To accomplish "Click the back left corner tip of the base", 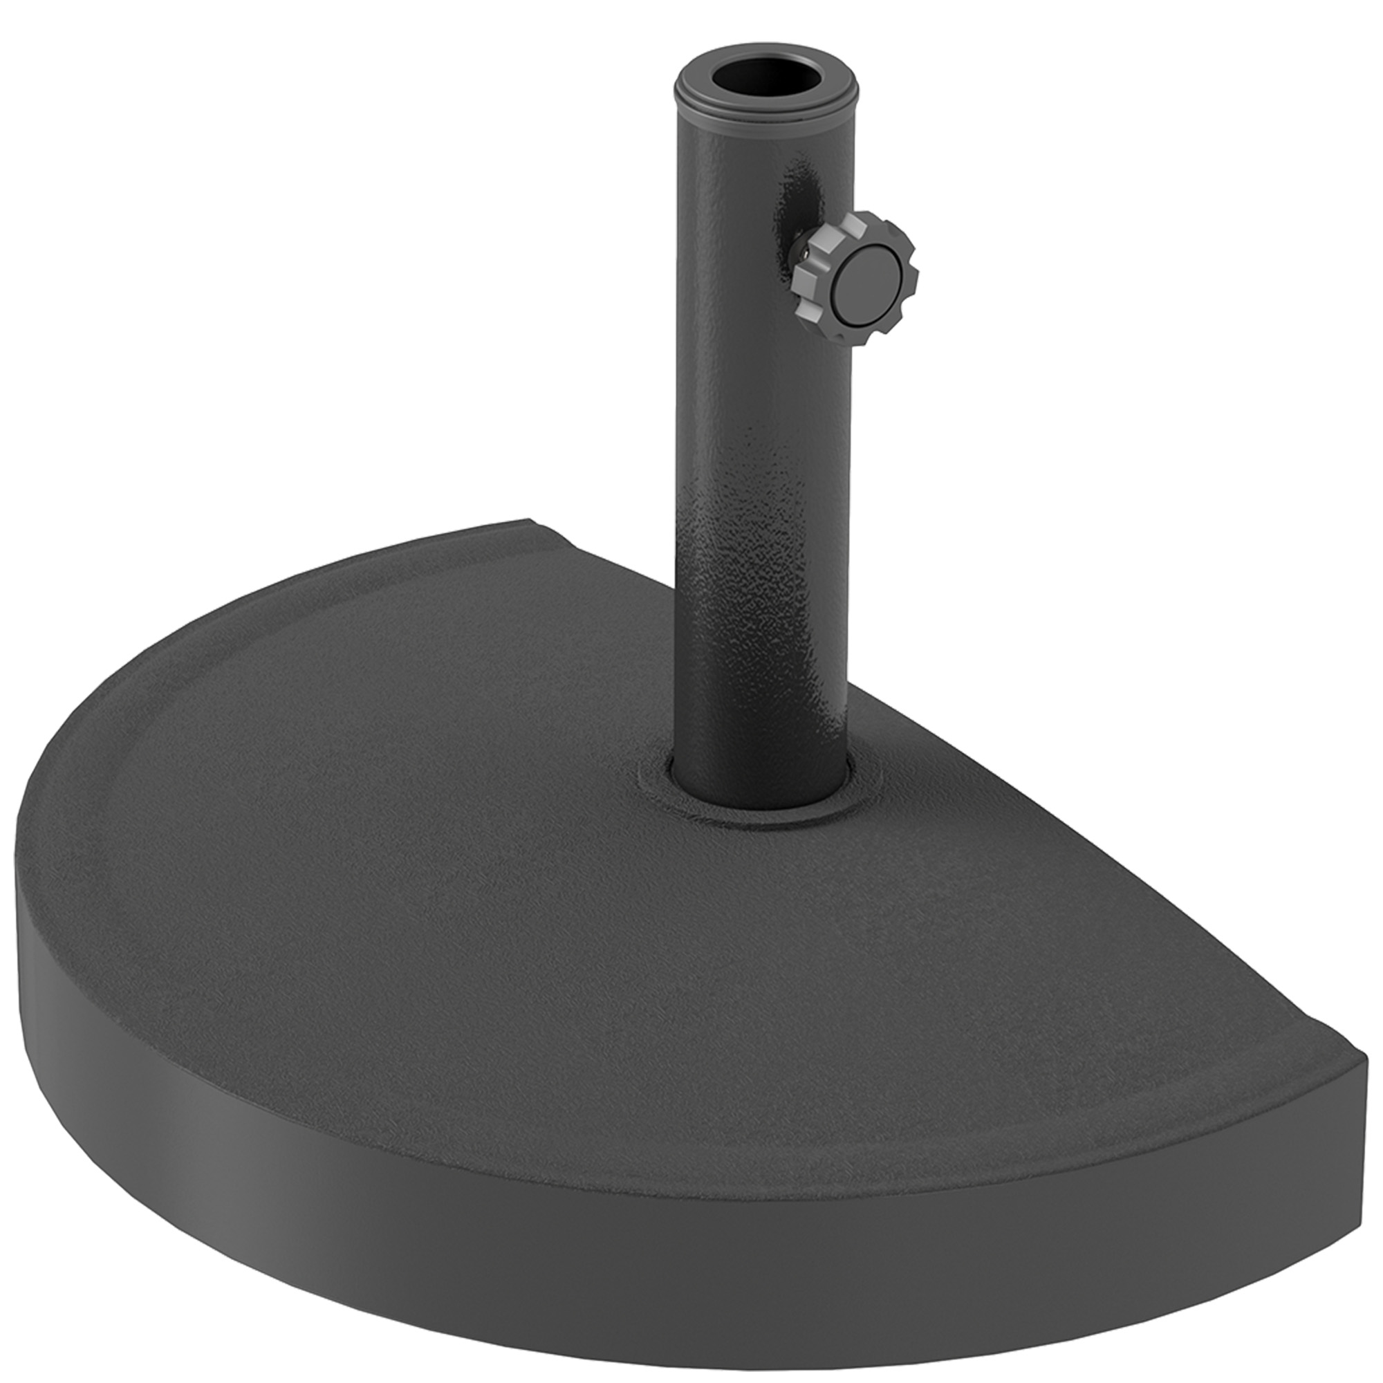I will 528,521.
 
